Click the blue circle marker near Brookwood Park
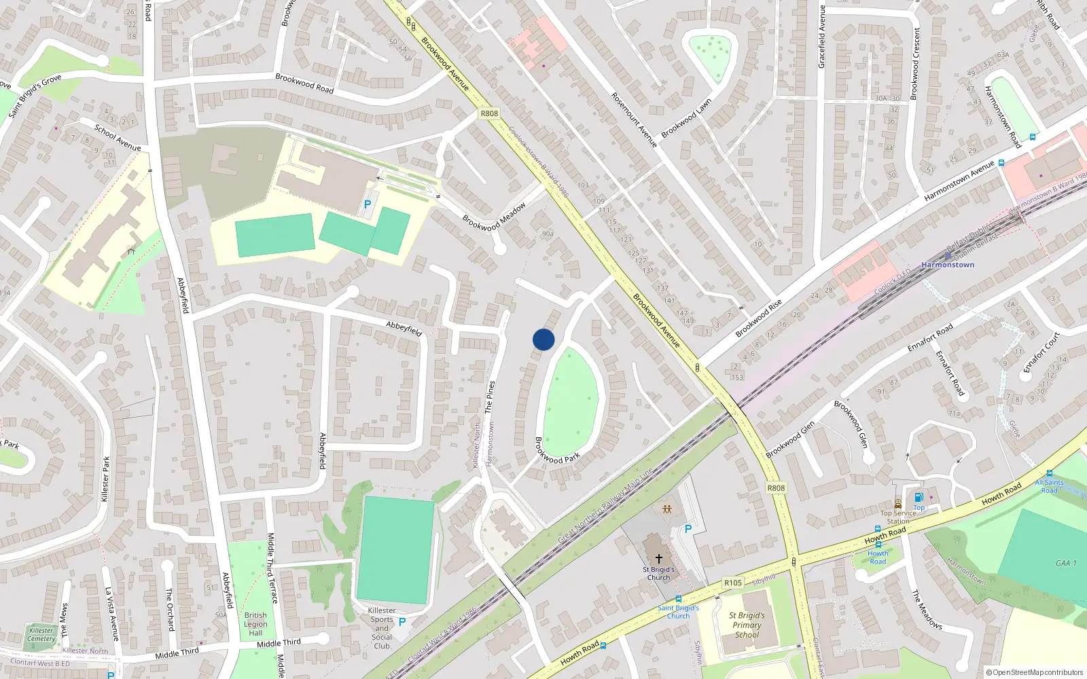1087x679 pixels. coord(543,339)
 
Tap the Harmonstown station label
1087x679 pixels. coord(948,265)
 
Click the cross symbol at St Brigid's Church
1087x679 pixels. coord(658,558)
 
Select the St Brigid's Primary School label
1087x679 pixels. coord(747,625)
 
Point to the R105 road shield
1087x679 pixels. coord(732,583)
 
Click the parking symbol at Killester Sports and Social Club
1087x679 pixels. coord(402,621)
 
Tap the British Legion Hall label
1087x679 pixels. coord(255,624)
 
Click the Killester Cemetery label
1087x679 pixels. coord(41,634)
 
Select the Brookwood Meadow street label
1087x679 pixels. coord(494,217)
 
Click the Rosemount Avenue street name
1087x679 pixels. coord(634,120)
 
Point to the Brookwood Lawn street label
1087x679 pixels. coord(686,118)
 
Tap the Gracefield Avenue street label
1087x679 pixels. coord(821,37)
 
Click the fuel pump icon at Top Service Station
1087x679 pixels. coord(919,497)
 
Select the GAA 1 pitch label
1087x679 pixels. coord(1066,563)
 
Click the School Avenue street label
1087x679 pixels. coord(118,138)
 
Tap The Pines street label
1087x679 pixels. coord(489,397)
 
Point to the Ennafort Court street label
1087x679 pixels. coord(1041,352)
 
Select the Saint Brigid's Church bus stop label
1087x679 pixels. coord(678,612)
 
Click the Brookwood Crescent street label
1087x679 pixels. coord(915,64)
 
